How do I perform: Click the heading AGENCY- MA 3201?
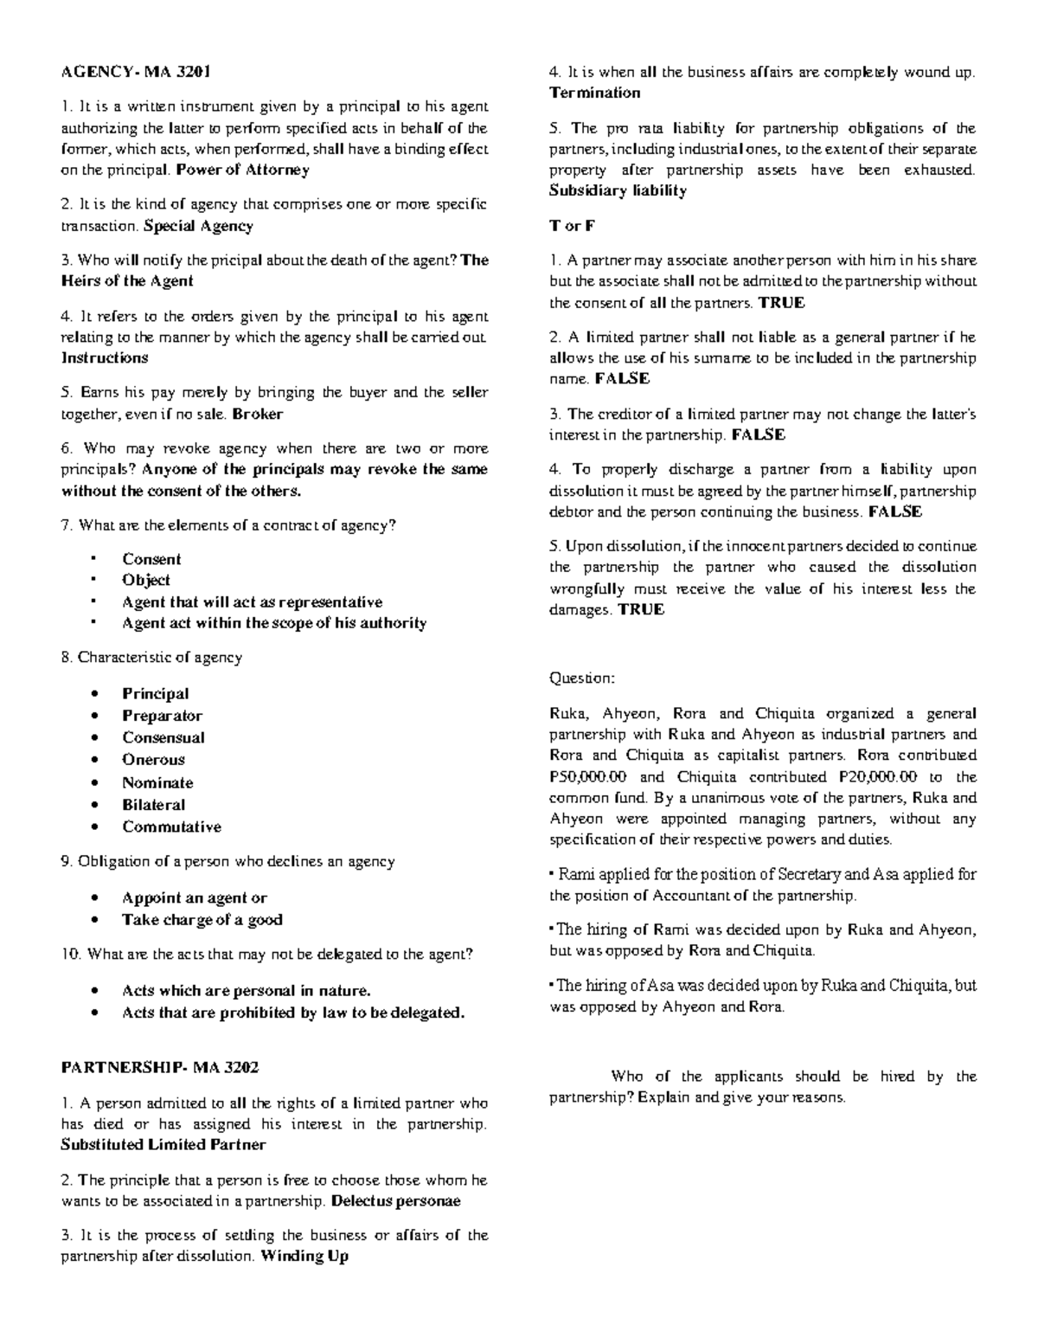(136, 71)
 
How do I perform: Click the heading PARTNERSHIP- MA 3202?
(160, 1068)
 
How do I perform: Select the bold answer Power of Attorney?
(242, 170)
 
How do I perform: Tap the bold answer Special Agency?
(198, 226)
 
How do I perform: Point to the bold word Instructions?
(105, 357)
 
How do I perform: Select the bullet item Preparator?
(162, 716)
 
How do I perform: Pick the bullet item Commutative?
(171, 826)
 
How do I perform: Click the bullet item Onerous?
(153, 760)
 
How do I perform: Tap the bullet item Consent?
(151, 559)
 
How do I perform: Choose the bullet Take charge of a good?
(202, 920)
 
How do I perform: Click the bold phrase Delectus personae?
(395, 1201)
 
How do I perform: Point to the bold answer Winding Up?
(304, 1257)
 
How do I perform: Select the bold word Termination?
(595, 93)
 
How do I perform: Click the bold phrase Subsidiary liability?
(618, 190)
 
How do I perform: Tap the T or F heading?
(573, 225)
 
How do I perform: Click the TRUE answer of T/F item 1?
(781, 302)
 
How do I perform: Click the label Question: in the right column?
(582, 678)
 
